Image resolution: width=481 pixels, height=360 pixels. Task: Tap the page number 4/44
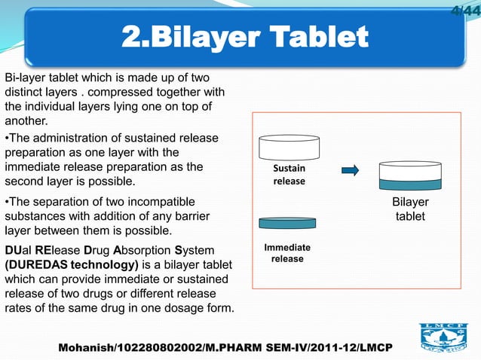coord(465,10)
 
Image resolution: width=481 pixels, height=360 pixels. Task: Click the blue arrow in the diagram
coord(350,171)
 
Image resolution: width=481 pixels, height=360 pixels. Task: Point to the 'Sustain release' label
coord(289,175)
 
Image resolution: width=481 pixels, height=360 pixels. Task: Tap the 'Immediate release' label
coord(286,253)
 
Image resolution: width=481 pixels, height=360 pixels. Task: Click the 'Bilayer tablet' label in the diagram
coord(410,209)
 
